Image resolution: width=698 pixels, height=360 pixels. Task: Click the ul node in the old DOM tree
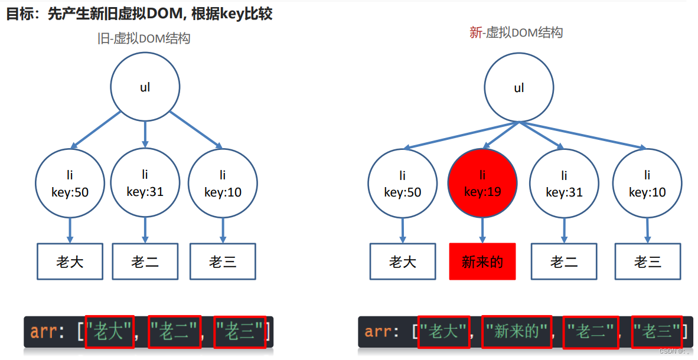pos(145,87)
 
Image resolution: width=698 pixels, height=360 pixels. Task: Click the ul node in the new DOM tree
pos(518,89)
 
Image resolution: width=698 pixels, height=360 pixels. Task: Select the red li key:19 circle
pos(482,184)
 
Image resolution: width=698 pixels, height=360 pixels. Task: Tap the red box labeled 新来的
pos(482,261)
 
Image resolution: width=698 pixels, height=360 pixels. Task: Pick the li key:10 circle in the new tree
pos(647,184)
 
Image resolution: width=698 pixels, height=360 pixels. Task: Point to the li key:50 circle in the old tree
pos(70,183)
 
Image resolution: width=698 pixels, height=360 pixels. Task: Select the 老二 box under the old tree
pos(145,261)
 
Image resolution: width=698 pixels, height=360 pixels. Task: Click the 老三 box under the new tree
pos(647,261)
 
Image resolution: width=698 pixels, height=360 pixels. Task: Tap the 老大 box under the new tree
pos(403,261)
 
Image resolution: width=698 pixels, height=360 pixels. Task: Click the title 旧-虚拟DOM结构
pos(144,39)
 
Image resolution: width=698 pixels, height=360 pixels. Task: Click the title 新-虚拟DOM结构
pos(516,32)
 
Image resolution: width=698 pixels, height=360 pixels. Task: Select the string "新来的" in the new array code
pos(516,332)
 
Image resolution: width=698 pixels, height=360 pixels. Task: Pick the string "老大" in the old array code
pos(109,332)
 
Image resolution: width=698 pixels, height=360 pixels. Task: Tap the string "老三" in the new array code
pos(655,332)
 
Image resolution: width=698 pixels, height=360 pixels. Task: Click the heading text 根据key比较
pos(231,14)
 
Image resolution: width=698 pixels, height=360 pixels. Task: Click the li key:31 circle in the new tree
pos(564,184)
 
